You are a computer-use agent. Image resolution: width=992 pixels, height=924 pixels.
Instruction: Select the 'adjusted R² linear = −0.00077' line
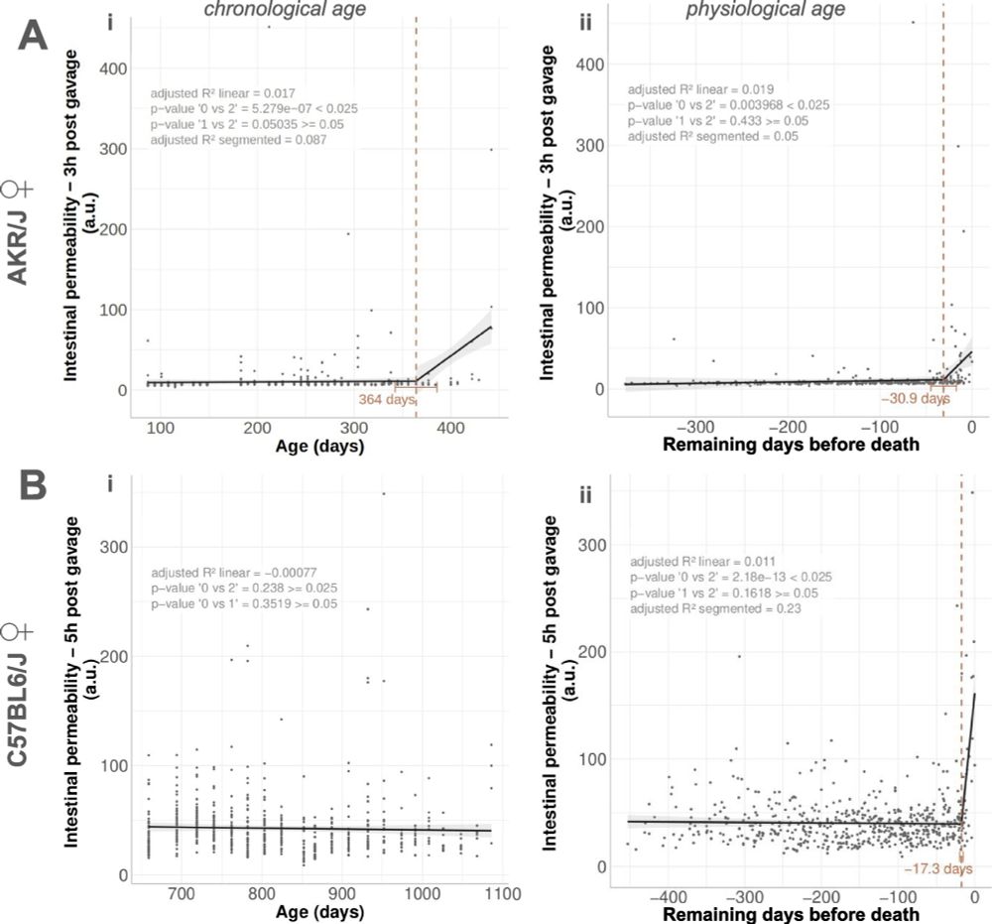[x=230, y=573]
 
